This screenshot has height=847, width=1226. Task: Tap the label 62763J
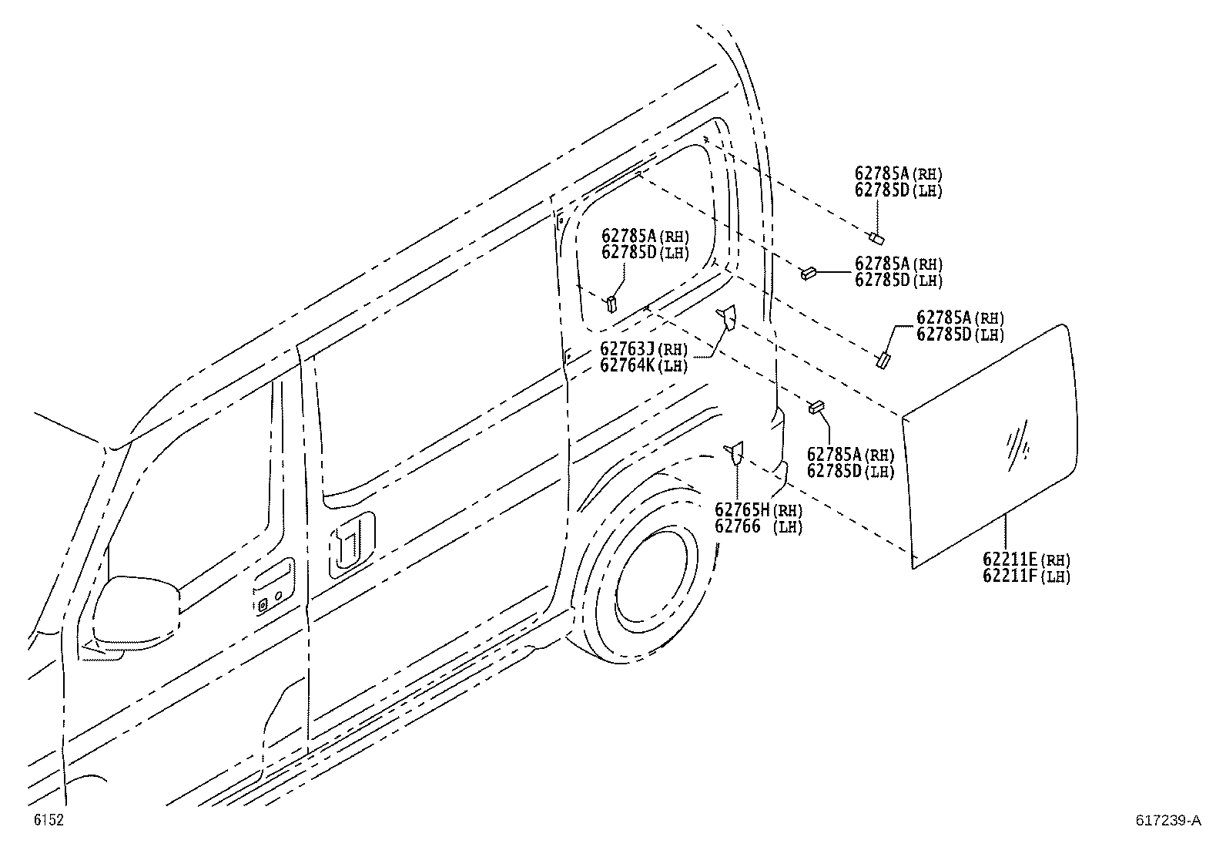(627, 348)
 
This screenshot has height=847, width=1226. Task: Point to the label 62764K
(627, 365)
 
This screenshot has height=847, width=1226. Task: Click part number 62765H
(742, 509)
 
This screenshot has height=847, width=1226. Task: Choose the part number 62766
(738, 526)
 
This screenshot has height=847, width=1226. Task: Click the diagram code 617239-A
(1168, 820)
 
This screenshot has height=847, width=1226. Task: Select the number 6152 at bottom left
(49, 819)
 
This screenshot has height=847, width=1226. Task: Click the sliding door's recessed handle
(352, 545)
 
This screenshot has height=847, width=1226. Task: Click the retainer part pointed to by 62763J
(727, 318)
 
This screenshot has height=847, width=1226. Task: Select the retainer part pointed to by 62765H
(735, 452)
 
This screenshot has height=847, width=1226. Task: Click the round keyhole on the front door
(278, 596)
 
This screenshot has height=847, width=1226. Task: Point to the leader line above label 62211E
(1006, 532)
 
